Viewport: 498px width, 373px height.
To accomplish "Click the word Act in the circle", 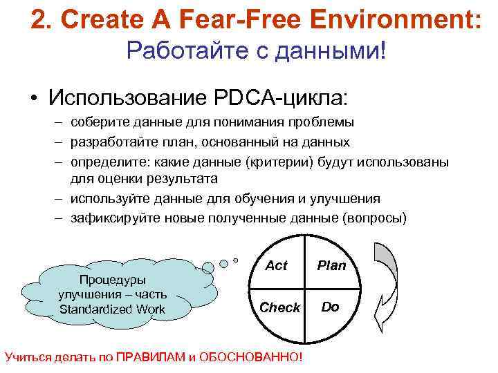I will (276, 265).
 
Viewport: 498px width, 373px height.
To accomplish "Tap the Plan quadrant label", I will (331, 265).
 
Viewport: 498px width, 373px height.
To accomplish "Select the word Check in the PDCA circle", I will (279, 307).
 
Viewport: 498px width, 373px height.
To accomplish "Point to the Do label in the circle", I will (331, 307).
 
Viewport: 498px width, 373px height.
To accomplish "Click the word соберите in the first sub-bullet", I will (96, 122).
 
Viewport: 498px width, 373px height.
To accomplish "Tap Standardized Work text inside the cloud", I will (113, 309).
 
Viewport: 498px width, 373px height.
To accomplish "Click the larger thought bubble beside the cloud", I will (223, 263).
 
